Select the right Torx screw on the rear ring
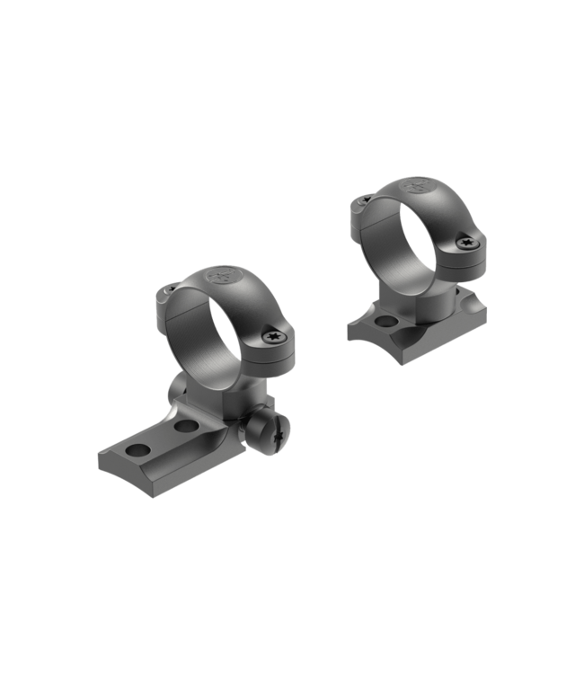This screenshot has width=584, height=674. (x=468, y=243)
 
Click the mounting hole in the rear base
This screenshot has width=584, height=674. (x=385, y=321)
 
